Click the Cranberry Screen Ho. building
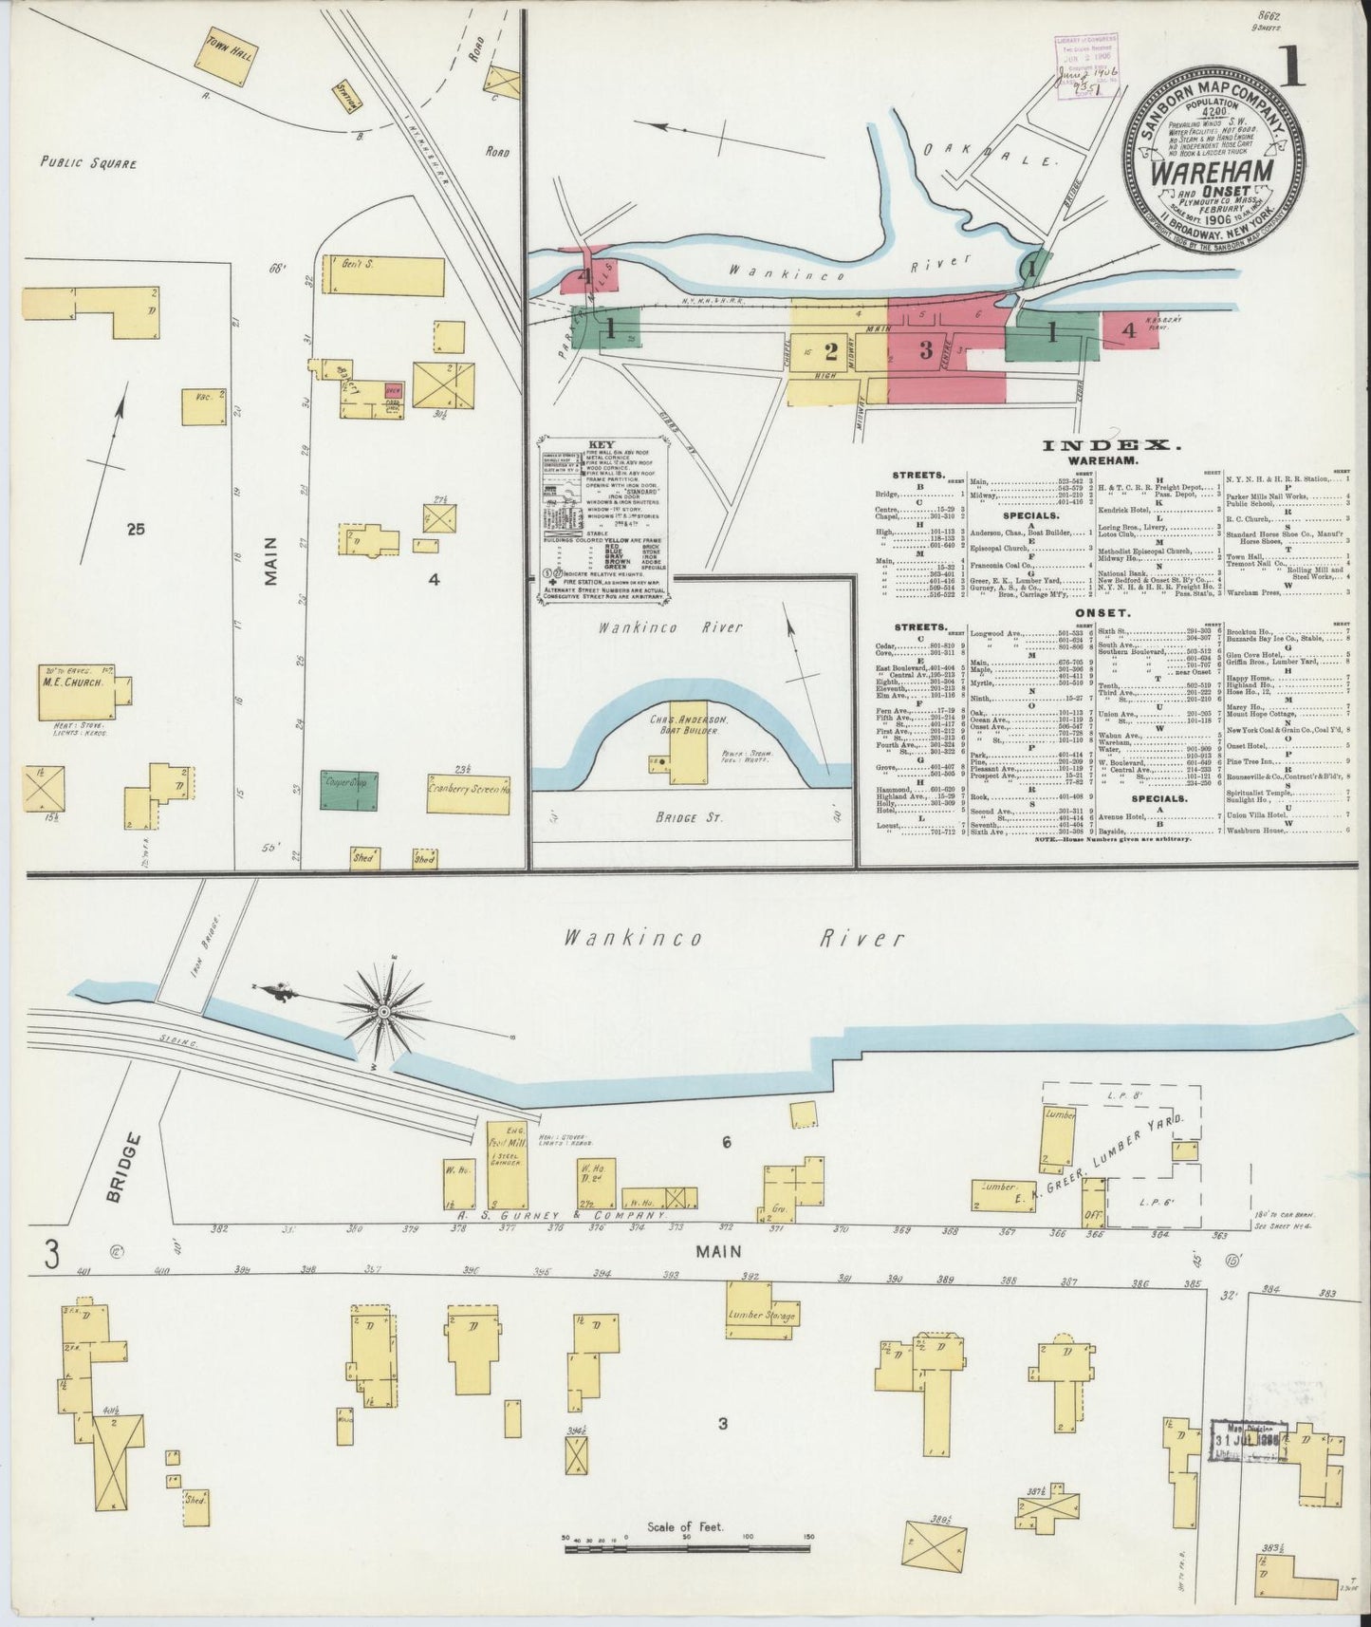coord(468,792)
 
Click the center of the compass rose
coord(381,1014)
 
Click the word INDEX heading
coord(1111,445)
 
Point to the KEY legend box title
coord(602,443)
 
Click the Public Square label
coord(88,163)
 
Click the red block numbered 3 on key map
coord(925,349)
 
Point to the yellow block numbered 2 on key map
coord(830,351)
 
